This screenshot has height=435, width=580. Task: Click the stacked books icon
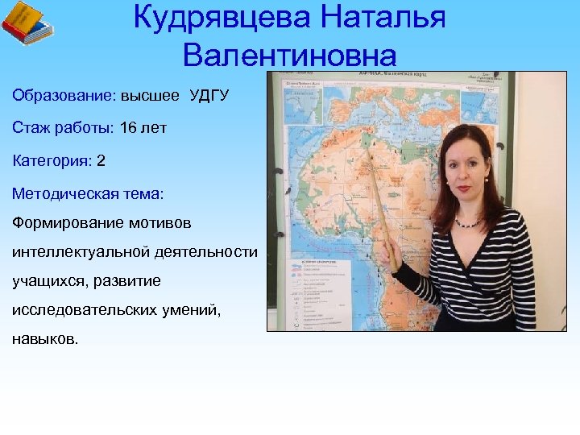(27, 24)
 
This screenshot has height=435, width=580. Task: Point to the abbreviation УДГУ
(209, 96)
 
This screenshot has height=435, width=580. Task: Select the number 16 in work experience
(128, 128)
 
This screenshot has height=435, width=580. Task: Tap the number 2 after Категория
(101, 160)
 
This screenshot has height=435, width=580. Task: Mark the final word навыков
(46, 339)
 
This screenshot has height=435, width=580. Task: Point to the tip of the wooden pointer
(369, 147)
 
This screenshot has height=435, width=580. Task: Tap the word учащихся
(50, 281)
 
